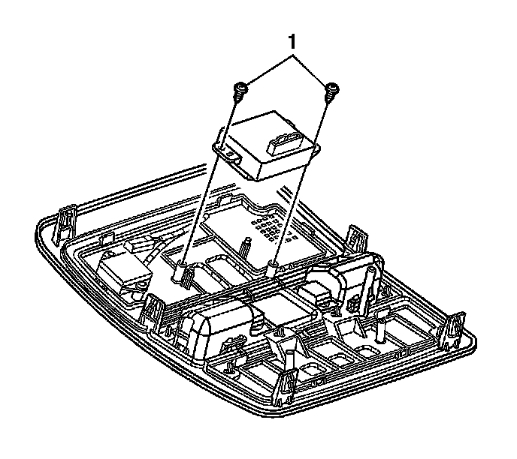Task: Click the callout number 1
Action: tap(292, 43)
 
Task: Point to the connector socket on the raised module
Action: tap(285, 144)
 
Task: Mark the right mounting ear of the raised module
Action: tap(317, 147)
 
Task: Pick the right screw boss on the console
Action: tap(273, 267)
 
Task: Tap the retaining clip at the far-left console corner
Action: tap(64, 223)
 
